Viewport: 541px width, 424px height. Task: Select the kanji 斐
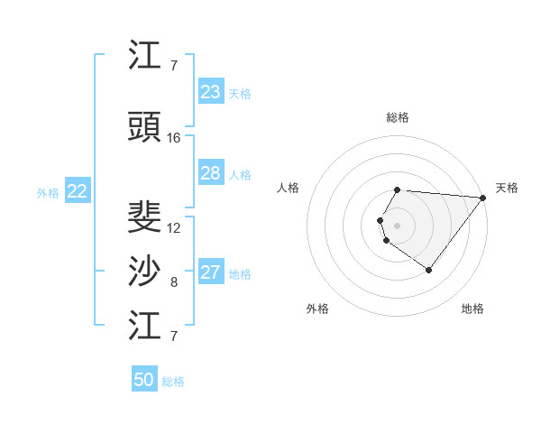146,217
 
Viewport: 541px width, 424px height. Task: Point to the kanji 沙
146,272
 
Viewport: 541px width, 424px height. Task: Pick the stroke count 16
174,138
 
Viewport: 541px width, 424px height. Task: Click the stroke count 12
174,228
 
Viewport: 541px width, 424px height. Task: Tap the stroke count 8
174,282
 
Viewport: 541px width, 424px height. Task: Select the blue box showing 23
211,92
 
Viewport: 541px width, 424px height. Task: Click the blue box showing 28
211,173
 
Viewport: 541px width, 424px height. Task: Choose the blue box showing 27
211,272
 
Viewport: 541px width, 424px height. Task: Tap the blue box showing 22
78,191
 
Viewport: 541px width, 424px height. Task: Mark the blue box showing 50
144,380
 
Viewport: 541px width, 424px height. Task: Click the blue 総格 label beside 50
173,382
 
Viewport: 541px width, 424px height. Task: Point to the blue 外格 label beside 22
48,192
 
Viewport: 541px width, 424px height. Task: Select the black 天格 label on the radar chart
507,188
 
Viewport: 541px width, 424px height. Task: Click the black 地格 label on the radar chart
472,309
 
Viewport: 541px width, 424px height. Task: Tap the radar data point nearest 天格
482,198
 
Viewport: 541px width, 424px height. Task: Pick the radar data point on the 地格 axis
428,270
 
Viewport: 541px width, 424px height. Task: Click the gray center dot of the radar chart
397,224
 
